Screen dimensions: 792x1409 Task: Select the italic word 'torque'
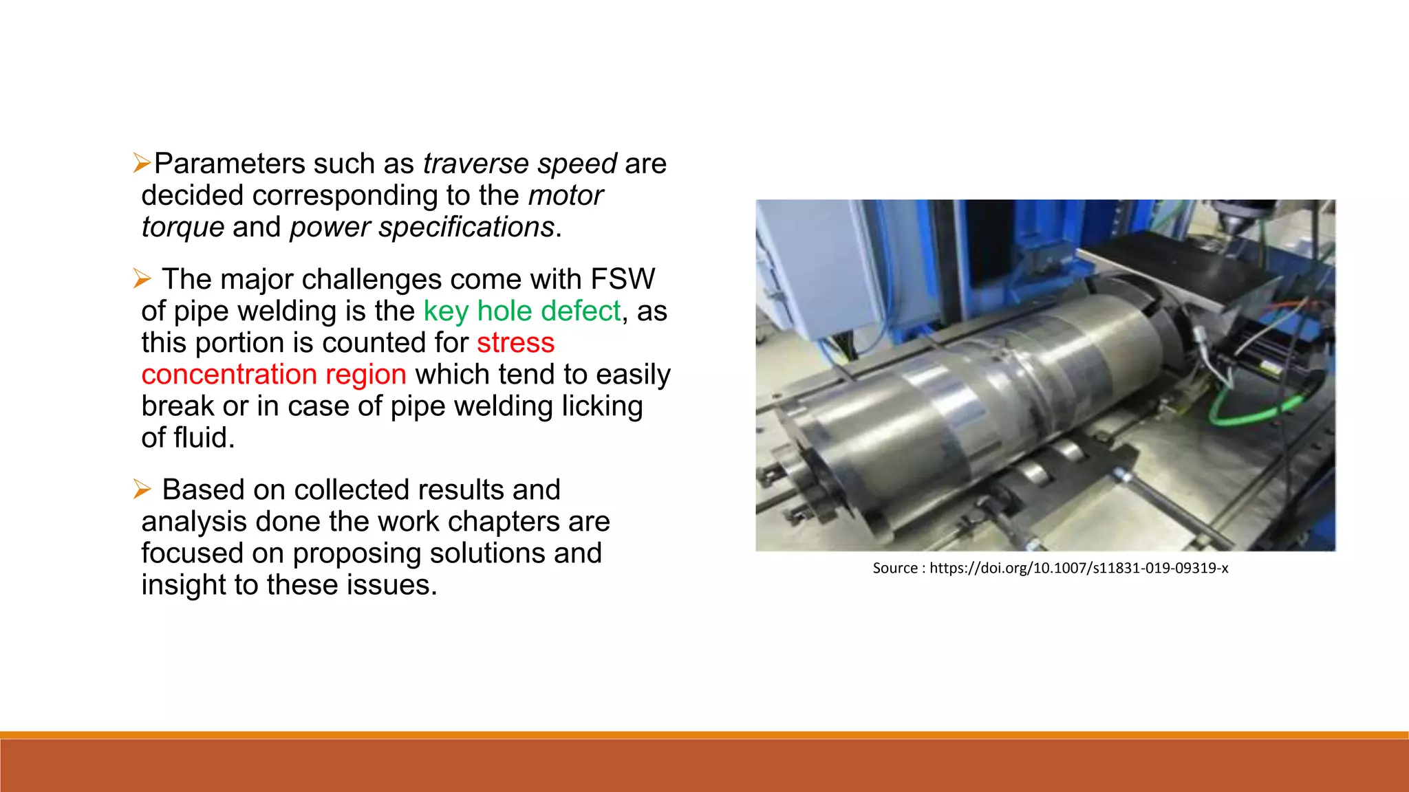click(x=182, y=228)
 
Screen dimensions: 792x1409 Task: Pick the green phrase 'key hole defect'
click(x=522, y=311)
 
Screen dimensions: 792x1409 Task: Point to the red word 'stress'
click(x=515, y=343)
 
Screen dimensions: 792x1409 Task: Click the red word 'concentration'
click(x=228, y=375)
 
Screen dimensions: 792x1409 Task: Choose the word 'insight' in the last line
click(x=184, y=585)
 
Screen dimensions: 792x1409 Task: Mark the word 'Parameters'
click(x=229, y=164)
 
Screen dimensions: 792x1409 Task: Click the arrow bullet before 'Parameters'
click(x=142, y=164)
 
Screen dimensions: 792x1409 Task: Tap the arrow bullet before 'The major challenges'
click(x=142, y=279)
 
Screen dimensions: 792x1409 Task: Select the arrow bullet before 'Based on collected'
click(x=142, y=489)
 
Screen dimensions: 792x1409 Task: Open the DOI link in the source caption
click(x=1078, y=569)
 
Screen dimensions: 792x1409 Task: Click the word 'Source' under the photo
click(x=894, y=569)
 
